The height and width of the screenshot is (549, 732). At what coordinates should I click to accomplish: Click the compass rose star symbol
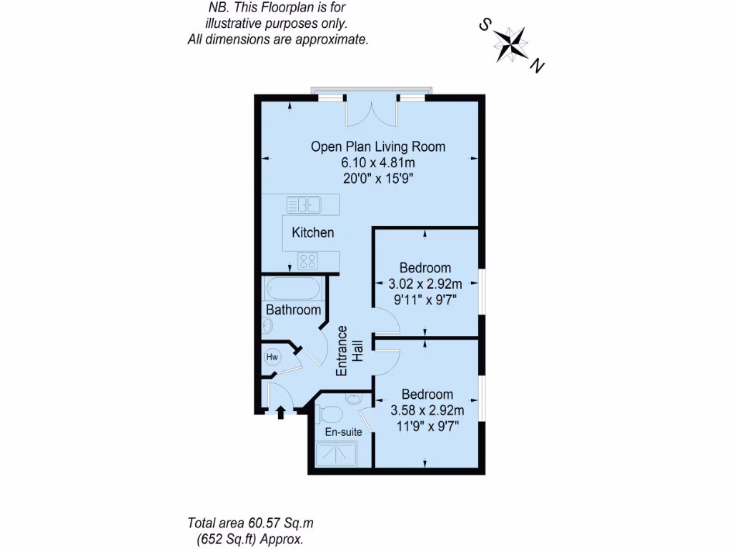point(512,44)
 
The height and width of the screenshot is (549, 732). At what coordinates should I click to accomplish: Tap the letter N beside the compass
point(538,67)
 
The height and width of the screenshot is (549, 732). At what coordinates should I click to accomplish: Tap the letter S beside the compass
point(484,26)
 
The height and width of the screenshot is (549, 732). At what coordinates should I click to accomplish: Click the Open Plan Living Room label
point(377,147)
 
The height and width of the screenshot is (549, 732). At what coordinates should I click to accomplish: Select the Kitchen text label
point(312,232)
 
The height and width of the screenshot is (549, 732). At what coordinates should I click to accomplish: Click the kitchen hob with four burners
point(307,260)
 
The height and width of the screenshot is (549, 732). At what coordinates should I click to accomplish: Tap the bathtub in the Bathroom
point(292,289)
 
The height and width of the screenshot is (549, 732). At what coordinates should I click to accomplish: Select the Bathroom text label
point(293,310)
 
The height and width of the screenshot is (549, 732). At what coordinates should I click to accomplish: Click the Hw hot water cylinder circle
point(272,356)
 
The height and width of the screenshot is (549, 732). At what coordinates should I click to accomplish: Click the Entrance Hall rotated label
point(350,351)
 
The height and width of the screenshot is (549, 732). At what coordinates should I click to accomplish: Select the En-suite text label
point(343,432)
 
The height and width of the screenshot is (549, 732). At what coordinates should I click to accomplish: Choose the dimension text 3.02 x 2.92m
point(425,284)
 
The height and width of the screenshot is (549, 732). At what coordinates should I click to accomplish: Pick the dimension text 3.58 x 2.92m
point(427,410)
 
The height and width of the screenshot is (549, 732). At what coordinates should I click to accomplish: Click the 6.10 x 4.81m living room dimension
point(377,162)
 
